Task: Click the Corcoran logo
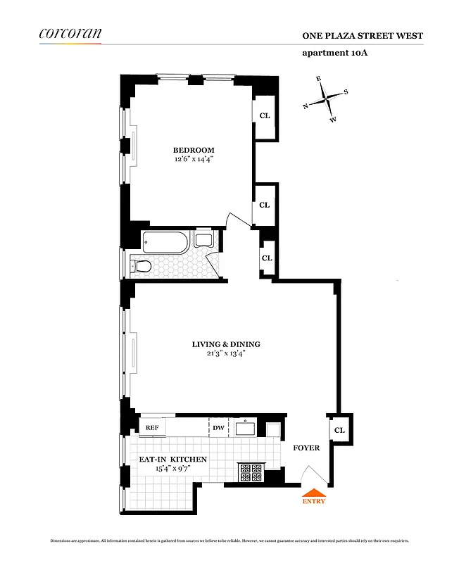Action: (x=70, y=33)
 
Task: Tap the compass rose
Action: (x=326, y=100)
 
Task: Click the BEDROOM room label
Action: (x=194, y=150)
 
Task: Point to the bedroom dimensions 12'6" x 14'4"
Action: (x=194, y=160)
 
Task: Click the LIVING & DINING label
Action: (x=226, y=344)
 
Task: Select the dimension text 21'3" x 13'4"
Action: (x=226, y=354)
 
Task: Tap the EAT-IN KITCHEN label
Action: (x=172, y=460)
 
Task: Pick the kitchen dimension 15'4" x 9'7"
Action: (x=172, y=469)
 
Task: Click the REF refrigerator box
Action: (x=152, y=427)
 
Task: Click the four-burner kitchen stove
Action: (x=251, y=472)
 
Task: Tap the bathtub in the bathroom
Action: (x=166, y=243)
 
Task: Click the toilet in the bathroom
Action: (x=141, y=266)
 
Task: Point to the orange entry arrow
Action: (x=313, y=493)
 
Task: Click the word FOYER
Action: (x=306, y=448)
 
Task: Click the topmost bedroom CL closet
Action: (x=264, y=115)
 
